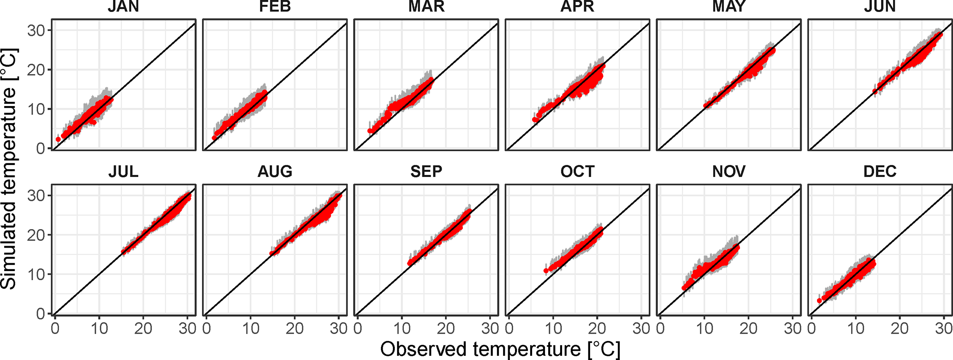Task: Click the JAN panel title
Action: click(x=124, y=7)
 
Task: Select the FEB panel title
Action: click(x=275, y=7)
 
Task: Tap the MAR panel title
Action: click(x=426, y=7)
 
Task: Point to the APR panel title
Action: click(x=577, y=7)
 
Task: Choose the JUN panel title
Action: click(x=880, y=7)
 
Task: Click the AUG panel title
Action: click(x=275, y=171)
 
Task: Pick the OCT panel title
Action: click(x=577, y=171)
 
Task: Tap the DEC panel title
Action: click(x=880, y=171)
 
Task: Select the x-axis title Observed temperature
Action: click(x=500, y=349)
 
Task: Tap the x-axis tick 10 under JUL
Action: click(x=99, y=328)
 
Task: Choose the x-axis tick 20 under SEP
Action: click(x=446, y=328)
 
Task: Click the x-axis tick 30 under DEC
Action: click(x=944, y=328)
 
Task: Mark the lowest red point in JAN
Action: click(x=58, y=139)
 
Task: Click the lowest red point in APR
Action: click(x=535, y=120)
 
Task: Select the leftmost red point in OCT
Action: click(x=546, y=271)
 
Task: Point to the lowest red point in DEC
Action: click(x=819, y=301)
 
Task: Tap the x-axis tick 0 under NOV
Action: click(x=660, y=328)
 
